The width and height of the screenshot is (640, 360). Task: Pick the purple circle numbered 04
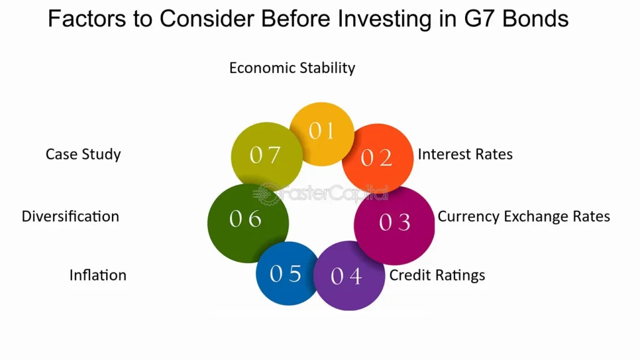click(349, 276)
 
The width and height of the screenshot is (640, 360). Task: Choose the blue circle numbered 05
click(287, 274)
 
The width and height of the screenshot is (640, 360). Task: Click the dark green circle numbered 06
click(248, 223)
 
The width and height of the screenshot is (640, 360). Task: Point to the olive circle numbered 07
click(267, 156)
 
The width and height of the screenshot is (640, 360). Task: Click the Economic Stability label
click(292, 67)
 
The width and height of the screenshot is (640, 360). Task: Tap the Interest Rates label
click(465, 154)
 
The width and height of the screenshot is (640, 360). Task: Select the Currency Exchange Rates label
click(524, 216)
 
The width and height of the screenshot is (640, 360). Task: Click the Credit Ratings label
click(437, 275)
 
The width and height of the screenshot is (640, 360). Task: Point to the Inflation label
click(98, 275)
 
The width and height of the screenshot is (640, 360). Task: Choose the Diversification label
click(70, 216)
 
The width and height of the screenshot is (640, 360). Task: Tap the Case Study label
click(83, 154)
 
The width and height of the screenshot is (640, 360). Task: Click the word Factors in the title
click(87, 19)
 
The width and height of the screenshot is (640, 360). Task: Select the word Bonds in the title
click(535, 19)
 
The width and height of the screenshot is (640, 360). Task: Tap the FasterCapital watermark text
click(321, 193)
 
